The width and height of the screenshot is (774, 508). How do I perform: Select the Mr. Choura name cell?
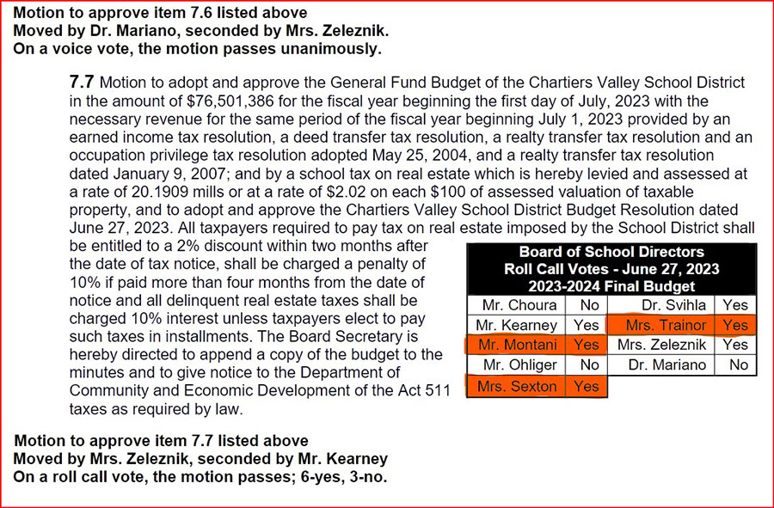(x=519, y=305)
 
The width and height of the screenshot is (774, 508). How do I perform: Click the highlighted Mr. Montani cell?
(x=519, y=346)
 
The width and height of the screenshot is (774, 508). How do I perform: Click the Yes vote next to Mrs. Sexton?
(x=586, y=386)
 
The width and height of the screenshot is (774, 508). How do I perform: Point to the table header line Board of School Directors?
(x=611, y=252)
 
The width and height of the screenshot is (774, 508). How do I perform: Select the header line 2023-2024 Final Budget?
(x=611, y=284)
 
